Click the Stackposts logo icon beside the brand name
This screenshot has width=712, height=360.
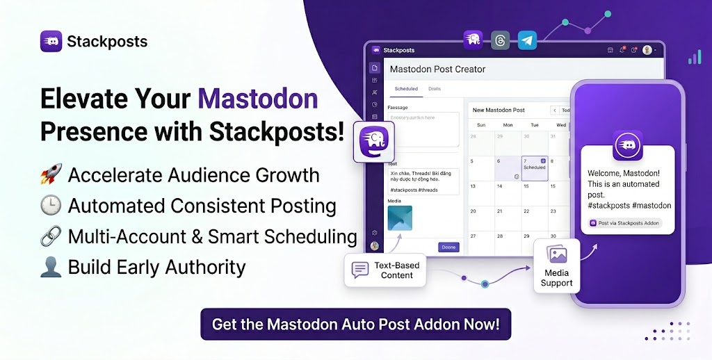tap(52, 41)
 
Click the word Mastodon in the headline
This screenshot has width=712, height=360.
tap(258, 99)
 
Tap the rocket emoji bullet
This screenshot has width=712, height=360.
tap(51, 174)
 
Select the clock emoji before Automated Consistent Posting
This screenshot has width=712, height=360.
tap(51, 206)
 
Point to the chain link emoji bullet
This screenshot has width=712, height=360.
tap(51, 236)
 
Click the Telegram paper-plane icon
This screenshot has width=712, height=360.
tap(527, 40)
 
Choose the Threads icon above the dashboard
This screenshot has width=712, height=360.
tap(499, 40)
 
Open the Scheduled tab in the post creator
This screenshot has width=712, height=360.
tap(406, 89)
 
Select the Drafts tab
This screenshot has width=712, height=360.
tap(435, 89)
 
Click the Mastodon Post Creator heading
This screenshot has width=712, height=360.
tap(437, 69)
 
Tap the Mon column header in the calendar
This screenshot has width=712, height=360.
tap(508, 125)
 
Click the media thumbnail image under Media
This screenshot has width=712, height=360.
tap(400, 218)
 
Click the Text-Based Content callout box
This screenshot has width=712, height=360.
tap(387, 270)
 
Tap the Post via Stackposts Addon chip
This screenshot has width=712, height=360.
tap(624, 223)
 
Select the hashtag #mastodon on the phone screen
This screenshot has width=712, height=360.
tap(653, 206)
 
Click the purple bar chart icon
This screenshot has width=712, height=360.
tap(694, 57)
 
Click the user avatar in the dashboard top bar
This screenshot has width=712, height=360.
tap(647, 50)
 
